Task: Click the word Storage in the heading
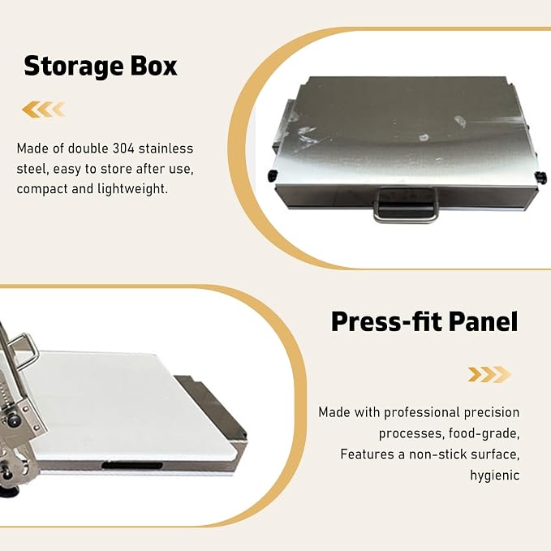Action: coord(73,66)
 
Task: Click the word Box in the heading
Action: coord(154,66)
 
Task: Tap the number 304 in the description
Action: coord(123,149)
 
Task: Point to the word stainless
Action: coord(166,149)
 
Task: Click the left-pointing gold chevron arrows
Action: coord(43,110)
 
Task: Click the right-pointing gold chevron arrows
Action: coord(489,374)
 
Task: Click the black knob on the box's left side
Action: coord(273,175)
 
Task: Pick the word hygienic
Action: coord(495,475)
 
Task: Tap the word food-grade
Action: coord(484,433)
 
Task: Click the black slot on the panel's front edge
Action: coord(132,466)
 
